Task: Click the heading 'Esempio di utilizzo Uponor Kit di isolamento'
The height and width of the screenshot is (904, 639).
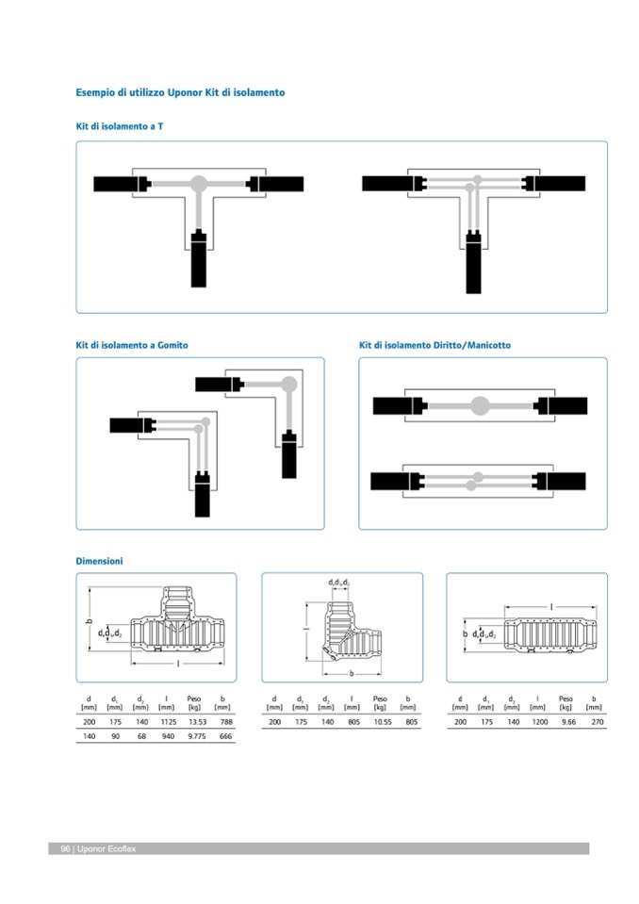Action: (x=180, y=93)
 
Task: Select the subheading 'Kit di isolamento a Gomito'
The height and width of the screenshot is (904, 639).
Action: (x=132, y=345)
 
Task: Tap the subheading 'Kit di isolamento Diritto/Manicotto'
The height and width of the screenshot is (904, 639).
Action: (x=434, y=345)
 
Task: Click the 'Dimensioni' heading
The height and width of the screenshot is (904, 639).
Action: (x=99, y=561)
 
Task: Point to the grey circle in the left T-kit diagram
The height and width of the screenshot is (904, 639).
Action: (x=199, y=184)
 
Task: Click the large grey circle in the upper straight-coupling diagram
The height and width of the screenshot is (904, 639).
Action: (x=480, y=406)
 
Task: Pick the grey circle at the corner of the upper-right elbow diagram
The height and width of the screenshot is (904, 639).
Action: (x=289, y=383)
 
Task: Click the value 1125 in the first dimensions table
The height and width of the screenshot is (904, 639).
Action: (x=166, y=721)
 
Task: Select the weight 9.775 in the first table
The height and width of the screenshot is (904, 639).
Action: (x=194, y=737)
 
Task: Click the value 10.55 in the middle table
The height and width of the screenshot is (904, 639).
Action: (x=380, y=721)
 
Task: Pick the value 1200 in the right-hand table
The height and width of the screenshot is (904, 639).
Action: (x=538, y=721)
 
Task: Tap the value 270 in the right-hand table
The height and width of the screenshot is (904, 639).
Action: (x=594, y=721)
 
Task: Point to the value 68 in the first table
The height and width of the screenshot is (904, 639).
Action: (x=141, y=737)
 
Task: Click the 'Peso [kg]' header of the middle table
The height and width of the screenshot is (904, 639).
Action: (x=380, y=702)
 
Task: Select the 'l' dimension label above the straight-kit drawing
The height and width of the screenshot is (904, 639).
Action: (x=551, y=606)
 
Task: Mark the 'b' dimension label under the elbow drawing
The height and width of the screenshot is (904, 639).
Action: (x=351, y=674)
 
